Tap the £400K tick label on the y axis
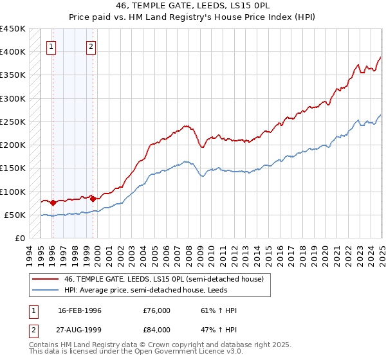tap(12, 52)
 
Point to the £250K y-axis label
tap(12, 122)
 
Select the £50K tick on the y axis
tap(15, 215)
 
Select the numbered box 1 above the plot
tap(51, 46)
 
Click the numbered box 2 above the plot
tap(91, 46)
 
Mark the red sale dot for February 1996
tap(53, 203)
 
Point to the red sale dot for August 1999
tap(93, 199)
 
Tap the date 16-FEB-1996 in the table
tap(80, 310)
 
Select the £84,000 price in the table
tap(157, 330)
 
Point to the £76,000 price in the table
tap(157, 310)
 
